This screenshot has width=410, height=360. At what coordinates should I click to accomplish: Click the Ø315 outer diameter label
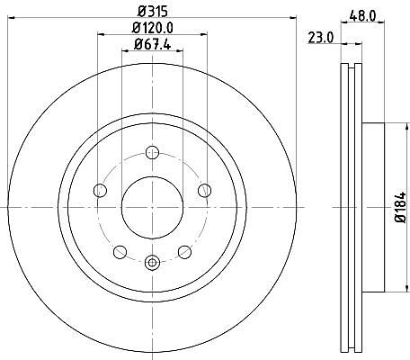pos(152,12)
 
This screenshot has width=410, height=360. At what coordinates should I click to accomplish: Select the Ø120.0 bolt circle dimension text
pos(153,28)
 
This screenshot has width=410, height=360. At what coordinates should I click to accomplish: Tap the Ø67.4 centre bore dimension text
pos(153,44)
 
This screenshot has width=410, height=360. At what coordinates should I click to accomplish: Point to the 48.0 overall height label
pos(362,15)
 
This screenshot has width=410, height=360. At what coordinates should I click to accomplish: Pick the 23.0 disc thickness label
pos(321,38)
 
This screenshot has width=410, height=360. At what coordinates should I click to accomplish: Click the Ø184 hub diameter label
pos(400,207)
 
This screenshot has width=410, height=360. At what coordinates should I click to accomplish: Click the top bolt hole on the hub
pos(152,152)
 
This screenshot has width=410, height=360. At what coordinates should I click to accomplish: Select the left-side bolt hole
pos(100,190)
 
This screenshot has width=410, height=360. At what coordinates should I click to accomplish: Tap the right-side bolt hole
pos(205,191)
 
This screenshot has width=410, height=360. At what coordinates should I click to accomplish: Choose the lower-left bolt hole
pos(120,252)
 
